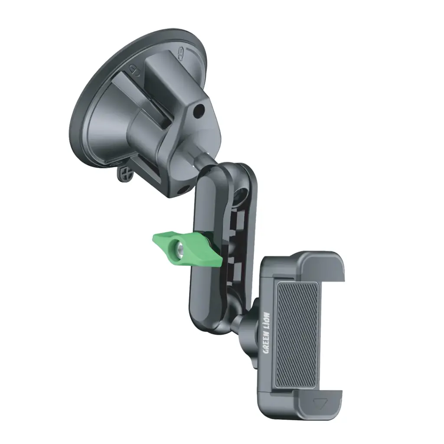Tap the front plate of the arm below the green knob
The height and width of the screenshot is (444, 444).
click(x=204, y=299)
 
